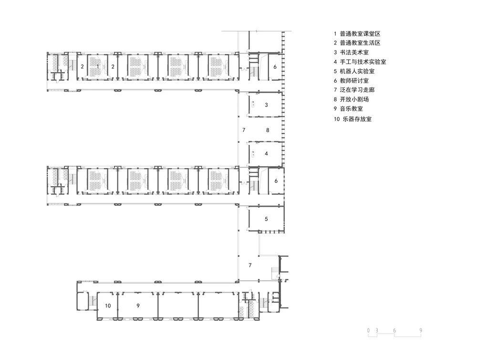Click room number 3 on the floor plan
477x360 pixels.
pos(267,105)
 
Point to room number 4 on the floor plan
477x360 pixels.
pos(267,154)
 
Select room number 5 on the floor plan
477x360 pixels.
pos(267,219)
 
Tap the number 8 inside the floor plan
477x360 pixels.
pos(268,130)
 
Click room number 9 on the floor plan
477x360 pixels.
pos(138,306)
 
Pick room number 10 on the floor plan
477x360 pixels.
pos(108,306)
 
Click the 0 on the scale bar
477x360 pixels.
pos(369,330)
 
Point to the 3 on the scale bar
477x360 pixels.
pos(377,330)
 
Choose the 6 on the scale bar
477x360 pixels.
pos(394,330)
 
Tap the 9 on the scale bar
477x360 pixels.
pos(421,330)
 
